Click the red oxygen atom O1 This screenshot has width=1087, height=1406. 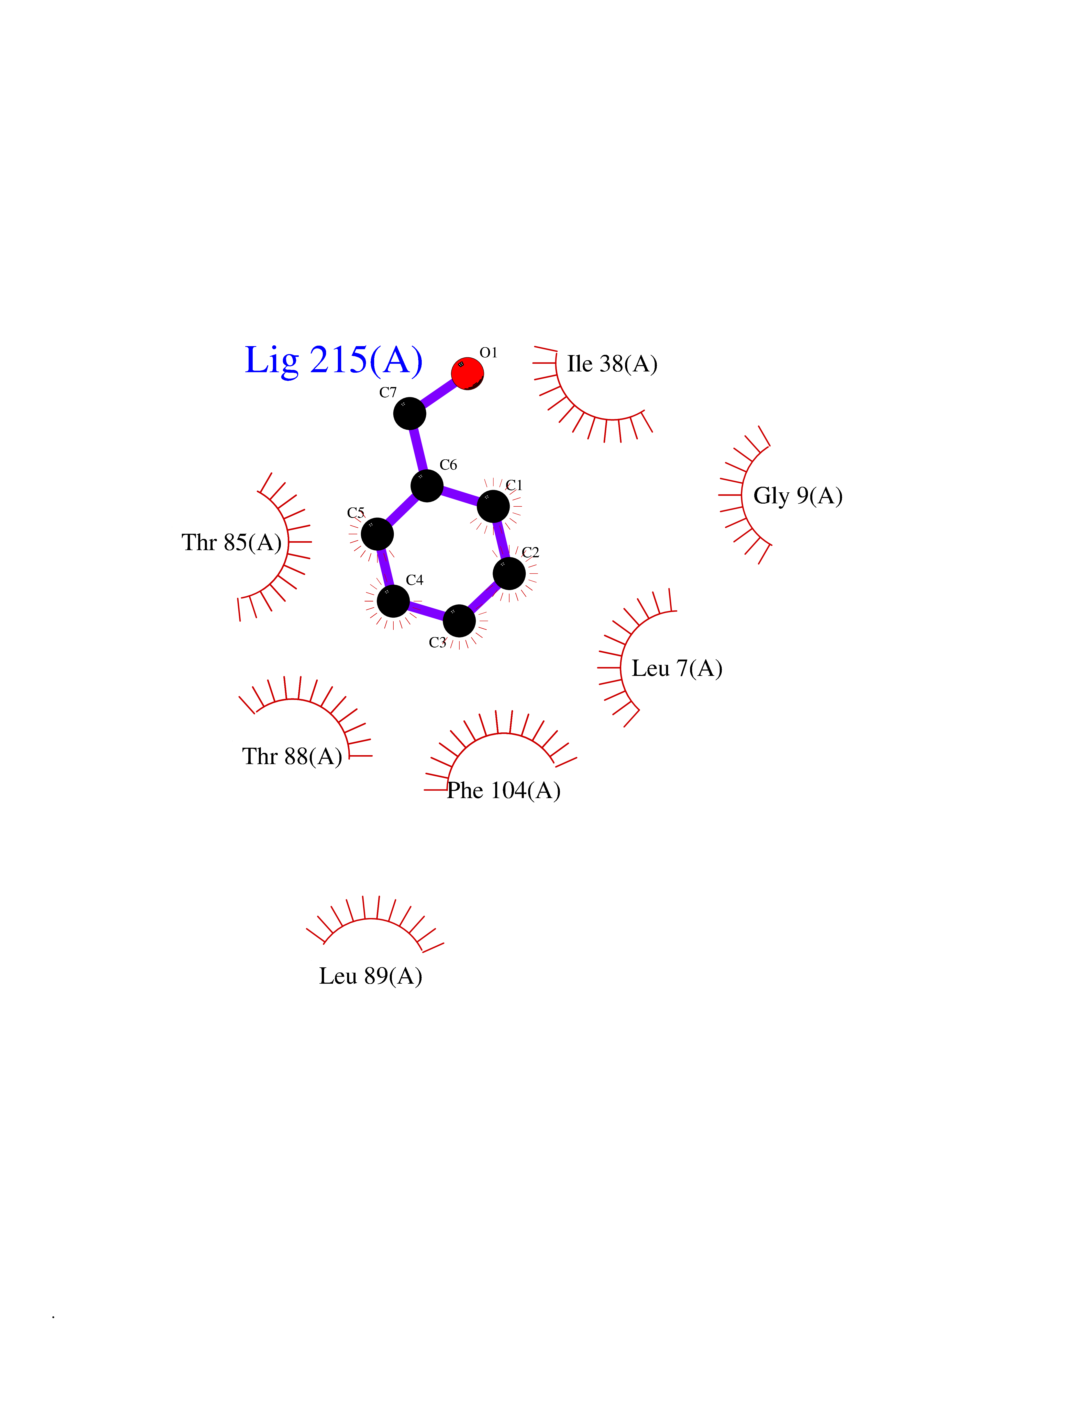[468, 373]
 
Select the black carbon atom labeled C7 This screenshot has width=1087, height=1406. [409, 413]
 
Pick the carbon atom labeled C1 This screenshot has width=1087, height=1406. [493, 506]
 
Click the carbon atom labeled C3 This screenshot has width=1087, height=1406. [459, 621]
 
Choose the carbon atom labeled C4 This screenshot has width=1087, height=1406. [393, 601]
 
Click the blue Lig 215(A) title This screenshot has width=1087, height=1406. [334, 360]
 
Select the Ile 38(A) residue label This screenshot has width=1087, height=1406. [612, 364]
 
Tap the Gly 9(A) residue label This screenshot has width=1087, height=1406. [798, 496]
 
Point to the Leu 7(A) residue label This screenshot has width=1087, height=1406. [677, 668]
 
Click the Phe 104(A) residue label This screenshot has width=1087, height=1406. [504, 790]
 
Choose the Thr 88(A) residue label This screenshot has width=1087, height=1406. [292, 756]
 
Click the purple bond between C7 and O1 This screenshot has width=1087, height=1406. [439, 393]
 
